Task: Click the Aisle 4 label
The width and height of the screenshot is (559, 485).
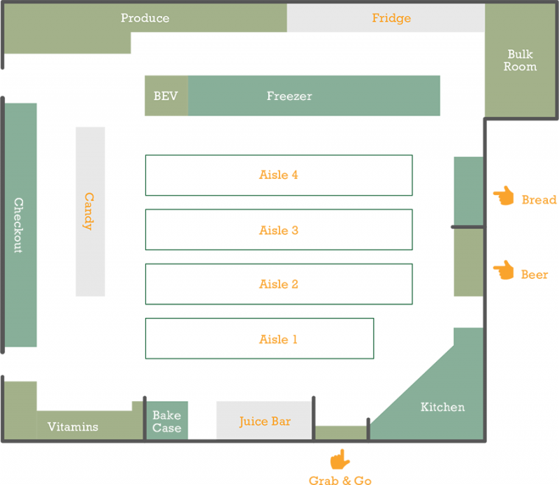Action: pos(279,175)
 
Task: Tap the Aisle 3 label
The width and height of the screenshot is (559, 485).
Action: pos(279,230)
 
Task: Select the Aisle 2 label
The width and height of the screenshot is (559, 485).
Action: pos(279,284)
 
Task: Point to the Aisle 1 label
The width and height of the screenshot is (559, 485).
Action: pos(278,340)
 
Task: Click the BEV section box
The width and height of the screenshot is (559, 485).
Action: pos(166,96)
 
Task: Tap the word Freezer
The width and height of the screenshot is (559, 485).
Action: pos(289,96)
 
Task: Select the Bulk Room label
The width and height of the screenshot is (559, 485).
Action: pos(521,61)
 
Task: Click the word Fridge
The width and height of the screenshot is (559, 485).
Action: pos(391,18)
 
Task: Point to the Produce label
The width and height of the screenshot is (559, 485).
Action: pos(145,18)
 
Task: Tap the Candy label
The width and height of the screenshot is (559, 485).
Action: pos(89,212)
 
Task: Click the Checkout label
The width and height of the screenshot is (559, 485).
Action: pos(19,225)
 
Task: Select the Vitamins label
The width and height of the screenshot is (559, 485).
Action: pos(73,427)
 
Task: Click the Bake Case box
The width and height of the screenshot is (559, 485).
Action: pos(166,421)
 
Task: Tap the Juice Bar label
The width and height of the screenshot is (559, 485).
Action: pos(265,421)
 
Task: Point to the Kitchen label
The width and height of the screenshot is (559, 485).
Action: pos(442,407)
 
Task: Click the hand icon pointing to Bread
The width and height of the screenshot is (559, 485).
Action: pos(502,196)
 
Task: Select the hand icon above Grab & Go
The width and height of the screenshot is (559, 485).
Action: pos(340,459)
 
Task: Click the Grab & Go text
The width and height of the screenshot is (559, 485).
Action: pos(340,480)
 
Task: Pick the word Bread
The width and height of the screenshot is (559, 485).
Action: pos(539,200)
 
